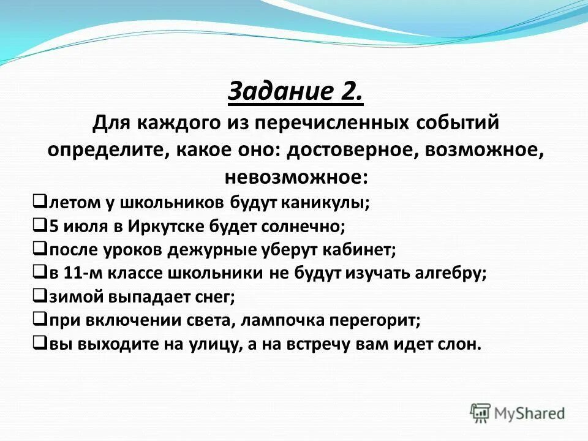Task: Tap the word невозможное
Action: coord(296,177)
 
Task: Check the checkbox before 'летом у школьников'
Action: coord(39,201)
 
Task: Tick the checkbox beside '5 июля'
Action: coord(39,225)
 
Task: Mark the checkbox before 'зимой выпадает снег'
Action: coord(39,296)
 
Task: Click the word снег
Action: coord(216,297)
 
